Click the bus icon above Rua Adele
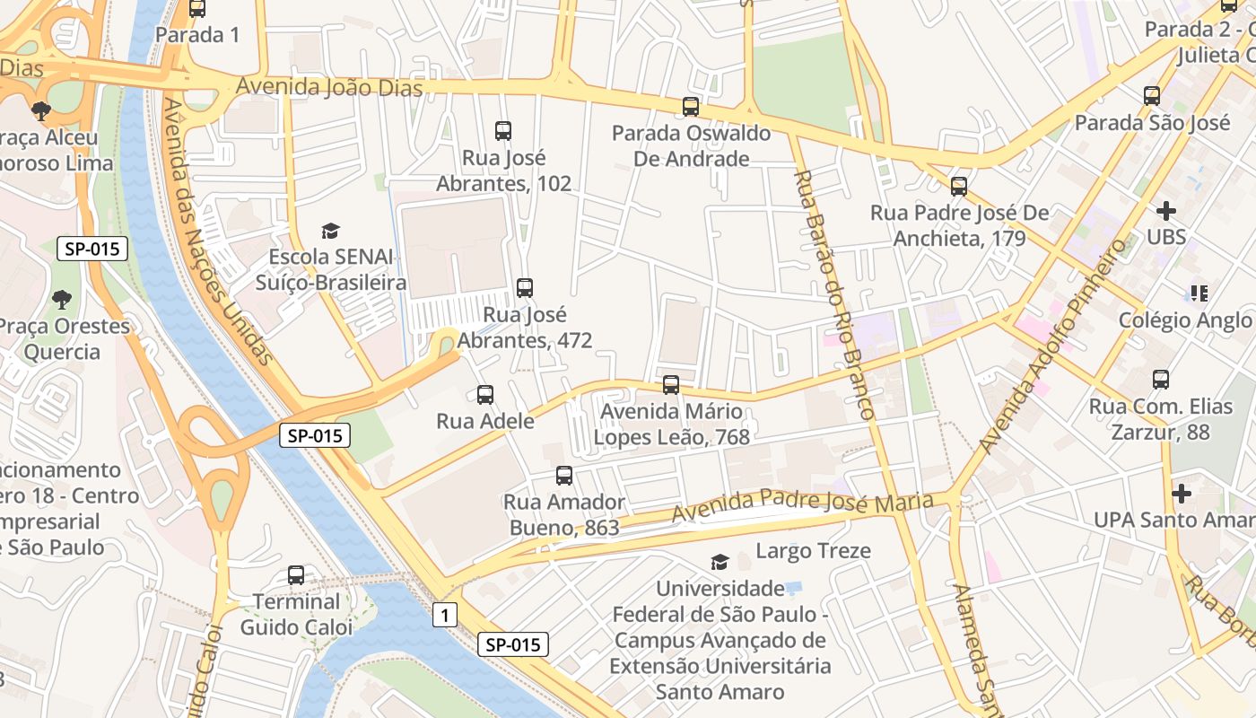pyautogui.click(x=485, y=394)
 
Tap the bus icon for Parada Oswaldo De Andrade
pyautogui.click(x=690, y=107)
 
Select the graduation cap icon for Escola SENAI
pyautogui.click(x=331, y=231)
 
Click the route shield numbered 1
pyautogui.click(x=444, y=615)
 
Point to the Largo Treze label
pyautogui.click(x=813, y=550)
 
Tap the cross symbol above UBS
pyautogui.click(x=1165, y=211)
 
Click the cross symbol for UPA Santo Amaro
pyautogui.click(x=1182, y=493)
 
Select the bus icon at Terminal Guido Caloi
pyautogui.click(x=296, y=575)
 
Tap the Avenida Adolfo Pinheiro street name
pyautogui.click(x=1051, y=346)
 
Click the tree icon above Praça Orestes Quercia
pyautogui.click(x=62, y=299)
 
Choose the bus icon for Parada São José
pyautogui.click(x=1152, y=96)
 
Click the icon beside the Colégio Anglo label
pyautogui.click(x=1199, y=293)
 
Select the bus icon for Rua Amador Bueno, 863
pyautogui.click(x=563, y=476)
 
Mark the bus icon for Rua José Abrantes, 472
pyautogui.click(x=525, y=288)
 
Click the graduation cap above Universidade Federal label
pyautogui.click(x=720, y=562)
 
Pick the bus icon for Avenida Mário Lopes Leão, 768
pyautogui.click(x=671, y=385)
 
